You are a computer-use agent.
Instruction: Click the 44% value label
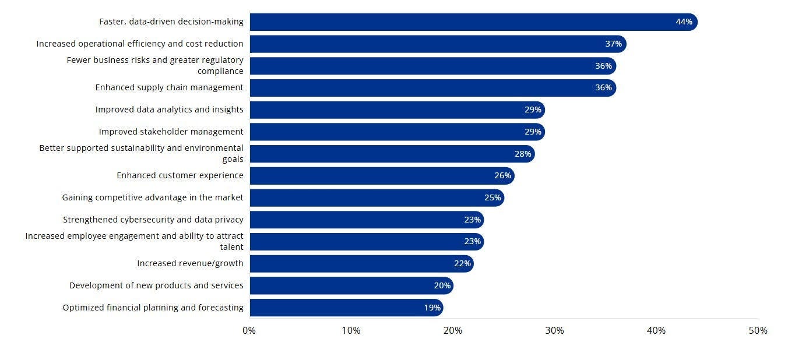(684, 22)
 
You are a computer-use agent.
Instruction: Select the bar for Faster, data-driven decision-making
(466, 22)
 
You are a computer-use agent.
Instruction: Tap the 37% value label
(613, 44)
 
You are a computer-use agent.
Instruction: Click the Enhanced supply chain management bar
(431, 88)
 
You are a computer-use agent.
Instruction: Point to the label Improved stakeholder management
(171, 132)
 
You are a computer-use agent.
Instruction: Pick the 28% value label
(522, 154)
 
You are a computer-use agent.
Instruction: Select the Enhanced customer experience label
(180, 175)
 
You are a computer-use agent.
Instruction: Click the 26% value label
(502, 176)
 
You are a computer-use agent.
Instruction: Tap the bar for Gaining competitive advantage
(373, 198)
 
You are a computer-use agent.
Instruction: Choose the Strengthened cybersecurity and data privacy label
(153, 220)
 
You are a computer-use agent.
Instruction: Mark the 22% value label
(462, 264)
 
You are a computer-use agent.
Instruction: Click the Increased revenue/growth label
(190, 263)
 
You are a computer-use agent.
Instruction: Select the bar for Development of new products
(350, 285)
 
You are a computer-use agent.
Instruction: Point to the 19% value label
(432, 308)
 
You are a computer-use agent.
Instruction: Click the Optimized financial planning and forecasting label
(153, 308)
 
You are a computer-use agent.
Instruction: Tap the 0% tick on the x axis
(249, 331)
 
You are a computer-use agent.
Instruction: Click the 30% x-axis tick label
(554, 331)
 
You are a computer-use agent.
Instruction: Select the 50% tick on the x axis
(758, 331)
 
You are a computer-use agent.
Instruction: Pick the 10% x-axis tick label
(351, 331)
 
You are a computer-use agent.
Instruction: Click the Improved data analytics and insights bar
(396, 110)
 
